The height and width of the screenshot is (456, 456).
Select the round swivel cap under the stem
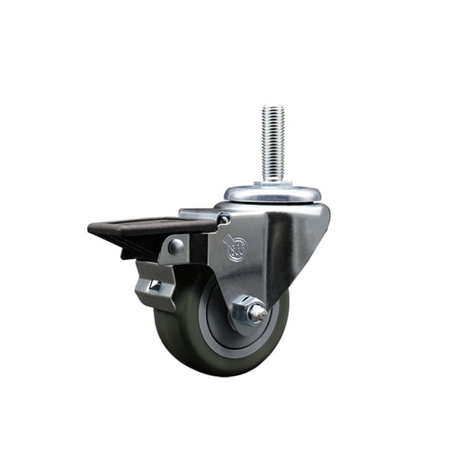(273, 192)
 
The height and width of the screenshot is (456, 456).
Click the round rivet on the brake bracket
(175, 247)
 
